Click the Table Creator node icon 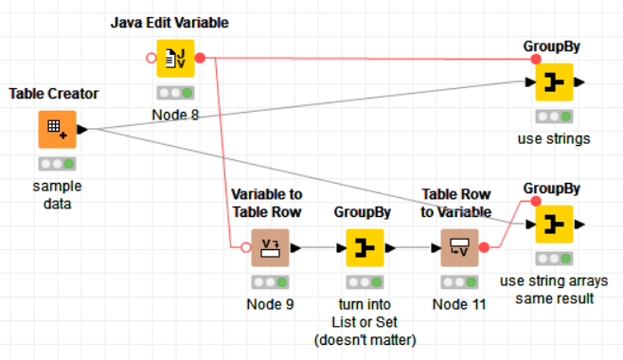[x=56, y=129]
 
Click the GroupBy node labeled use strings [x=554, y=83]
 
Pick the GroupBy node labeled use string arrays [x=554, y=225]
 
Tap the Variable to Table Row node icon [x=269, y=248]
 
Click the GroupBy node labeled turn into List [x=364, y=248]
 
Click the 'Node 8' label [x=174, y=116]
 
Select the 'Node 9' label [x=269, y=304]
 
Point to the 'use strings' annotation [x=554, y=139]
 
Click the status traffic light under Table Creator [x=56, y=163]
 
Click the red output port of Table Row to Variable [x=485, y=248]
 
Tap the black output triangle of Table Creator [x=82, y=129]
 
